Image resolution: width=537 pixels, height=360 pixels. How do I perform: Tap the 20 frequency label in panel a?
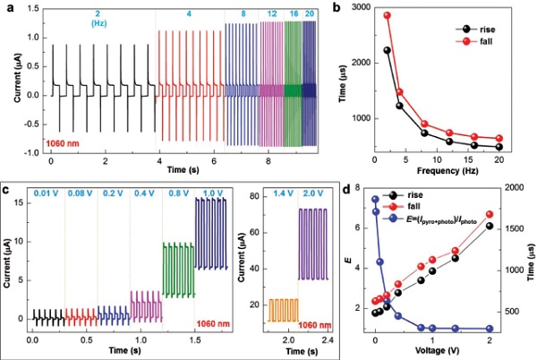[x=309, y=15]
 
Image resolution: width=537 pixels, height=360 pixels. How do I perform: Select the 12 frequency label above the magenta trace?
[x=271, y=15]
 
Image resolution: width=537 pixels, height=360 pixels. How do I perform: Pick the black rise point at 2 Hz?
[x=388, y=50]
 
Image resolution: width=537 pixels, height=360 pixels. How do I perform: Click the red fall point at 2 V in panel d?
[x=489, y=215]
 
